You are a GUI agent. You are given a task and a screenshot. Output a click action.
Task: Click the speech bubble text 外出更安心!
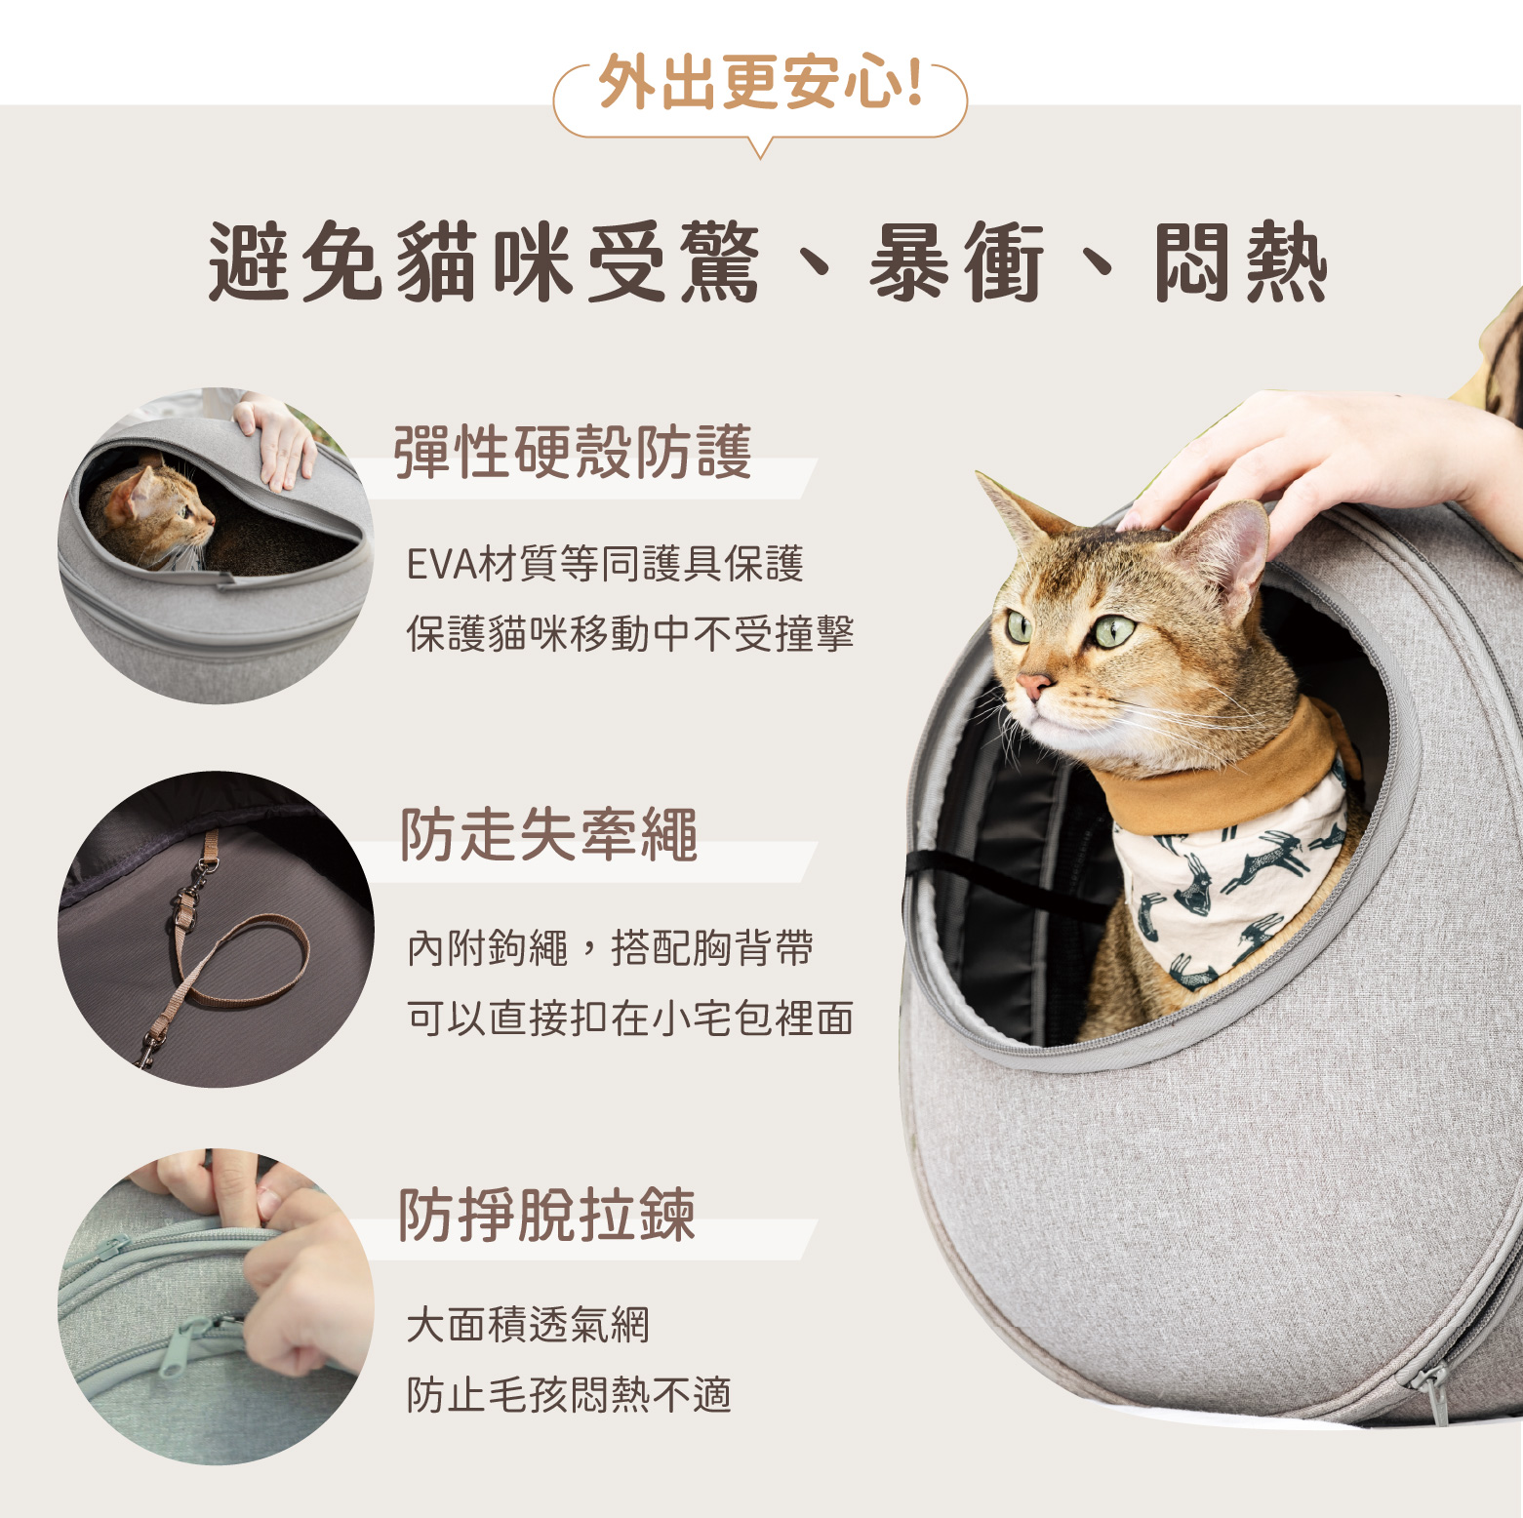pyautogui.click(x=760, y=82)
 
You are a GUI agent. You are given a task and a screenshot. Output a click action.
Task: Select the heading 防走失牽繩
pyautogui.click(x=549, y=835)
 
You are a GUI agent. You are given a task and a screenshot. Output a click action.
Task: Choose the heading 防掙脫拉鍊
pyautogui.click(x=547, y=1215)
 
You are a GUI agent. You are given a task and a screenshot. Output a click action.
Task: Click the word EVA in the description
pyautogui.click(x=440, y=565)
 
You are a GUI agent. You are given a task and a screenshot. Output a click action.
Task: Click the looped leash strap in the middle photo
pyautogui.click(x=239, y=966)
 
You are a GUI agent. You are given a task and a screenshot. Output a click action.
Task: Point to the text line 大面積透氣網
pyautogui.click(x=528, y=1325)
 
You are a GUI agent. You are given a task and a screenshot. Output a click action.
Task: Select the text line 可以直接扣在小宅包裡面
pyautogui.click(x=630, y=1018)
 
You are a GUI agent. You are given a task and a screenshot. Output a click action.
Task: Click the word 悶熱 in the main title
pyautogui.click(x=1240, y=262)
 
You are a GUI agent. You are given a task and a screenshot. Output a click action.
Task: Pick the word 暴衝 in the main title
pyautogui.click(x=956, y=262)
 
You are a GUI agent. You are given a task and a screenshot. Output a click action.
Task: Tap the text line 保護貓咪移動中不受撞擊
pyautogui.click(x=630, y=634)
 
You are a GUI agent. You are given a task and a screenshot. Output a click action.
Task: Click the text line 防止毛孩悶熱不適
pyautogui.click(x=569, y=1395)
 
